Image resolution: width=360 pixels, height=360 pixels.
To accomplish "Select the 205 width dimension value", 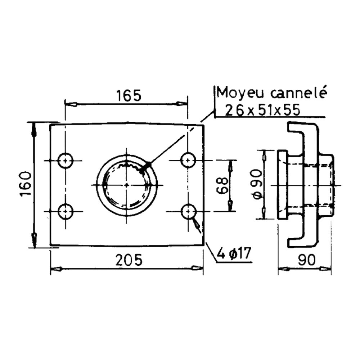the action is point(129,260).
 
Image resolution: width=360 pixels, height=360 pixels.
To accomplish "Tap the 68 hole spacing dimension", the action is point(222,185).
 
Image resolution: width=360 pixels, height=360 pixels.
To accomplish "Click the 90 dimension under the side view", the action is point(307,260).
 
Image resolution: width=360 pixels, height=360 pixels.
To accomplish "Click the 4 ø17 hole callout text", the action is point(234,253).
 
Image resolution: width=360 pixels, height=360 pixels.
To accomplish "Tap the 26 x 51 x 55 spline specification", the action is point(262,110).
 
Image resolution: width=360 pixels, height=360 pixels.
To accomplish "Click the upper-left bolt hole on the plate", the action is point(66,161).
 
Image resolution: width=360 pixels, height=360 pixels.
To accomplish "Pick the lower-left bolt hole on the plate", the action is point(66,211).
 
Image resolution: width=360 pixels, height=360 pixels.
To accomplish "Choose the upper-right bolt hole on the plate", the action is point(188,160).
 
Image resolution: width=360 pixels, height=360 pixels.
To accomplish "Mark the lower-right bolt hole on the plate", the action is point(188,211).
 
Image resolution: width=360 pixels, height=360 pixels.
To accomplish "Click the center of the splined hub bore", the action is point(127,185).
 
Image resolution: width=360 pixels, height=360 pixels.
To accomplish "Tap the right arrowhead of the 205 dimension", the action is point(197,268).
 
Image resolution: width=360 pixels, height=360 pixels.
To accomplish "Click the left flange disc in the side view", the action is point(282,184).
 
